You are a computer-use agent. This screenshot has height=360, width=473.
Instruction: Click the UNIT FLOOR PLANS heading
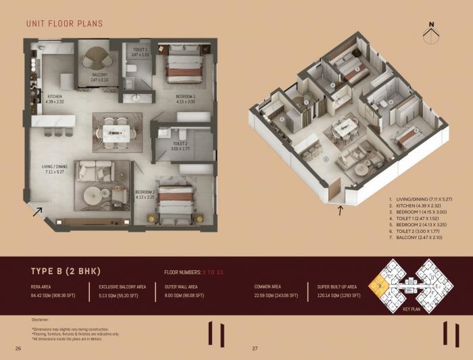[64, 24]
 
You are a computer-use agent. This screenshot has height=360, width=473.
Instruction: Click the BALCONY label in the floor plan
[99, 76]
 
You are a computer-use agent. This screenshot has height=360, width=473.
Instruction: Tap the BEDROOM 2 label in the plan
[145, 195]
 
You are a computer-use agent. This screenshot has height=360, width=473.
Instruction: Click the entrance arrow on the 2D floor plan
[37, 212]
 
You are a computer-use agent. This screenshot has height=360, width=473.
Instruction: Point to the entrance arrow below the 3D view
[341, 211]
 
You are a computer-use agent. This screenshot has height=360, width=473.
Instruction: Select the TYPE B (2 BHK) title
[66, 272]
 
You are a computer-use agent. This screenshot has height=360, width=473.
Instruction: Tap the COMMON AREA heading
[267, 287]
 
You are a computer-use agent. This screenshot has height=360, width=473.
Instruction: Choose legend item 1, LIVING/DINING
[423, 199]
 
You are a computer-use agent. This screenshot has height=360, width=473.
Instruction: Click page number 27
[255, 349]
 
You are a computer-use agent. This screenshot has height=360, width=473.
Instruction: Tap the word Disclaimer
[41, 318]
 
